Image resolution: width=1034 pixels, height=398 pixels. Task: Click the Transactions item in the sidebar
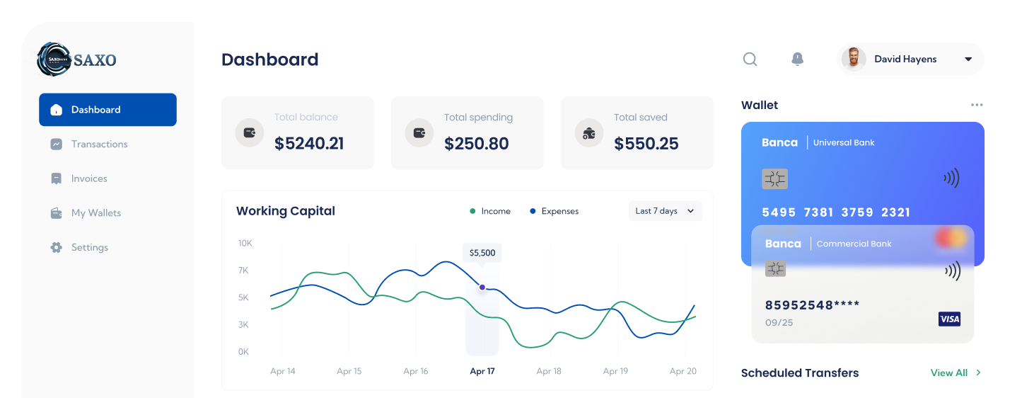(x=99, y=144)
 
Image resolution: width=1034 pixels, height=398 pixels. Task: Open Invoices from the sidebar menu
(x=89, y=178)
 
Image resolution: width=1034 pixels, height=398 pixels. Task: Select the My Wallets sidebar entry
(x=95, y=213)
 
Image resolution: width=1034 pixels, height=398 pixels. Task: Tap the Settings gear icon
(x=57, y=247)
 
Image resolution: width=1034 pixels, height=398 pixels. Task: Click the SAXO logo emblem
(x=54, y=59)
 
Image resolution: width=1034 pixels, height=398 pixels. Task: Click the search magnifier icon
(x=750, y=59)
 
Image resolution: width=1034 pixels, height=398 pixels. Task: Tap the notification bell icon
(x=797, y=59)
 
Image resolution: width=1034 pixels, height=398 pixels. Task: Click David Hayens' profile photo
(x=854, y=59)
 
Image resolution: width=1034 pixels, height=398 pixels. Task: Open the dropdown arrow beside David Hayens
(x=968, y=59)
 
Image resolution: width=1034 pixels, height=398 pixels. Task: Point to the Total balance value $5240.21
(x=309, y=144)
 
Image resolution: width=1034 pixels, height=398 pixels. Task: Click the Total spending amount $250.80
(x=477, y=144)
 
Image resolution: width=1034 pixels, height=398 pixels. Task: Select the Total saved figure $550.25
(x=646, y=144)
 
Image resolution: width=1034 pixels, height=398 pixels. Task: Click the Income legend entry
(x=491, y=211)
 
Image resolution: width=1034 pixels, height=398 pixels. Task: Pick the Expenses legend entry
(x=554, y=211)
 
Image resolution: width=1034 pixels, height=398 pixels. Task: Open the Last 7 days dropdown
(x=665, y=211)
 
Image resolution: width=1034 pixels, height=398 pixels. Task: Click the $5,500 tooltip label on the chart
(x=482, y=253)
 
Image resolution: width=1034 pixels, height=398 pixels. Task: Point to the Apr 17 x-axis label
(x=482, y=371)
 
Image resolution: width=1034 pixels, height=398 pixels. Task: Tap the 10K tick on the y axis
(x=245, y=244)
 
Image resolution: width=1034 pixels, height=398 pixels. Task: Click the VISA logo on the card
(x=949, y=319)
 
